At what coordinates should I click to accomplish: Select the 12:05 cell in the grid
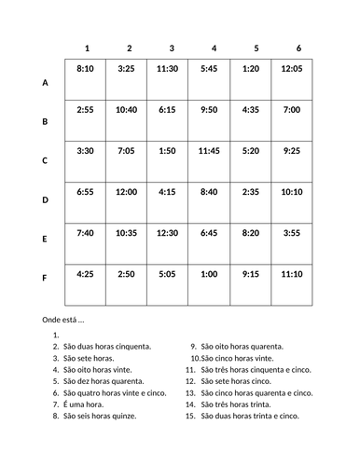(291, 69)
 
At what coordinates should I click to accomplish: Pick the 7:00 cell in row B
(291, 110)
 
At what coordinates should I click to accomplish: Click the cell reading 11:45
(208, 151)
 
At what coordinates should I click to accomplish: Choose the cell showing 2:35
(250, 192)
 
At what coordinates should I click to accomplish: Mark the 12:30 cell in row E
(168, 233)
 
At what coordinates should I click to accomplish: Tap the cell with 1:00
(208, 274)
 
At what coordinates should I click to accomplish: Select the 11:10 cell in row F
(291, 274)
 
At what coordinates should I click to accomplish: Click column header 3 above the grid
(172, 48)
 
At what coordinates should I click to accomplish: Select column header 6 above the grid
(298, 48)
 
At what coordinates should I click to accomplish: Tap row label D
(45, 199)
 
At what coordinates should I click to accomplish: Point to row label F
(45, 278)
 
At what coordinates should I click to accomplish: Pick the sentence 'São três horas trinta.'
(238, 404)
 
